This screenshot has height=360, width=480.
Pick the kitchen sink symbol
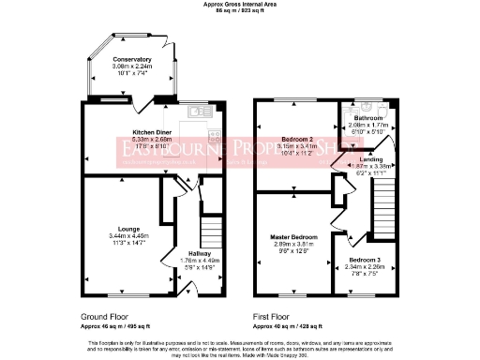click(x=197, y=112)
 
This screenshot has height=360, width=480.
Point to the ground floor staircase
click(x=211, y=231)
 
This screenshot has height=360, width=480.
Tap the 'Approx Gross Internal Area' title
click(x=240, y=4)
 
